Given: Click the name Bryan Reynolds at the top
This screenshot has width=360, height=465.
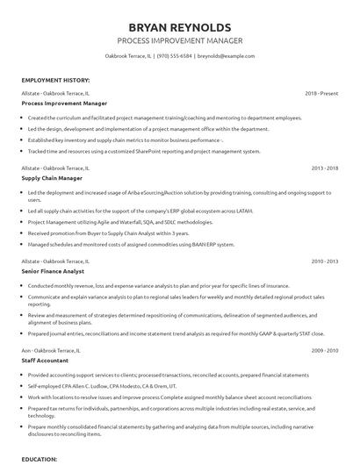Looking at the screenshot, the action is pos(179,25).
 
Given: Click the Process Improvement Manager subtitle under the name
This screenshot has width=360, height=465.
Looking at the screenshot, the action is pos(179,40).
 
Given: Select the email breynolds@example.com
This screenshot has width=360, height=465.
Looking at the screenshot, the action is pos(227,56).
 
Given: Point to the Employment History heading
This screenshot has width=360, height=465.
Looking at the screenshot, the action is pos(55,79).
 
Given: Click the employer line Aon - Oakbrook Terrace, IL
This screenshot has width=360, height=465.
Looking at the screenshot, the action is pos(52,349).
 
